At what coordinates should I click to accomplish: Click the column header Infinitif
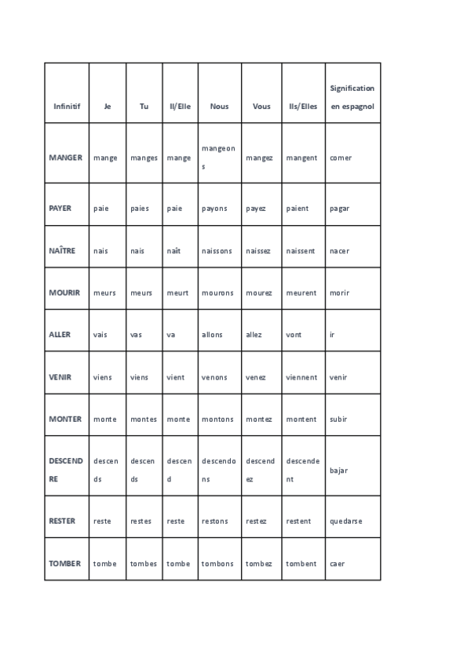(67, 106)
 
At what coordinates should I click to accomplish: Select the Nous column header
(219, 106)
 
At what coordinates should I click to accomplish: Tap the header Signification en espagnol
(352, 97)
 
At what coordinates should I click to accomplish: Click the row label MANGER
(65, 158)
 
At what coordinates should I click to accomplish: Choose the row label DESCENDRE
(65, 470)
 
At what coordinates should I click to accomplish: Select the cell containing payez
(256, 209)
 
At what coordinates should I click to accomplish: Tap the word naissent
(301, 251)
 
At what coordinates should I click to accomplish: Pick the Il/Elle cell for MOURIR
(177, 293)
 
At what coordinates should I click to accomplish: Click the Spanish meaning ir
(333, 334)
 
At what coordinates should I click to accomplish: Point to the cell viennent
(302, 377)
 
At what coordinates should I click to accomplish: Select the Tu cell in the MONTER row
(144, 419)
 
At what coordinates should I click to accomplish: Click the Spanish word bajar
(339, 471)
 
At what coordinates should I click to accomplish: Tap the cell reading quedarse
(346, 521)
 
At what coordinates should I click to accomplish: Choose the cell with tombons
(217, 563)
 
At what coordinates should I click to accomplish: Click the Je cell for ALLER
(100, 334)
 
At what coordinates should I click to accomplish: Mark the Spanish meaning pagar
(340, 209)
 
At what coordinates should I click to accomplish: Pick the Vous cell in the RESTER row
(256, 521)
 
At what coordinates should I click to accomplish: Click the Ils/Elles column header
(303, 106)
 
